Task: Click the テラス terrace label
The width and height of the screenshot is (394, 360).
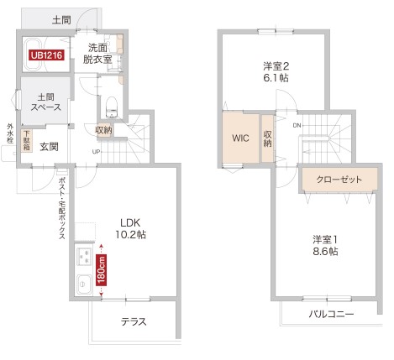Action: [x=134, y=321]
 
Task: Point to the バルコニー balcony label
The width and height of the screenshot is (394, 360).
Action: [x=330, y=314]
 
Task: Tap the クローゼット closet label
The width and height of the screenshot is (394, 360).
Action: [x=339, y=180]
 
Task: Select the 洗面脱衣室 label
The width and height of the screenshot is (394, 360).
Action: [x=98, y=54]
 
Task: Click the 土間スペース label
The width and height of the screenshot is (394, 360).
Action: [x=40, y=103]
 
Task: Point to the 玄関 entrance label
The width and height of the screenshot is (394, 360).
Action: [x=49, y=146]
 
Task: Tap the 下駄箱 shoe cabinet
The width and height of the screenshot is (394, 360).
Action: [x=27, y=141]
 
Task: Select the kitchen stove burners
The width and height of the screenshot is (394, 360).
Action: [x=84, y=258]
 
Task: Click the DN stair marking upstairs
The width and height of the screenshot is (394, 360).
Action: [x=297, y=125]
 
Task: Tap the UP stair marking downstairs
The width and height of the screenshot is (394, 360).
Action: [x=96, y=152]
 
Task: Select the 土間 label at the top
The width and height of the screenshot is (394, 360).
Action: [x=60, y=19]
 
